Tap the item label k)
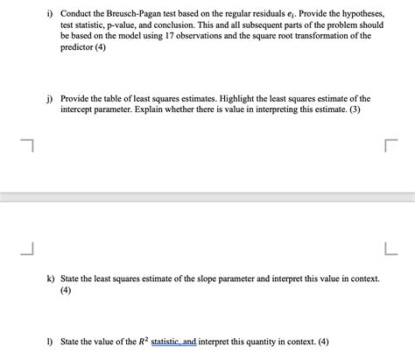[51, 278]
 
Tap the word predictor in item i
[80, 50]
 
